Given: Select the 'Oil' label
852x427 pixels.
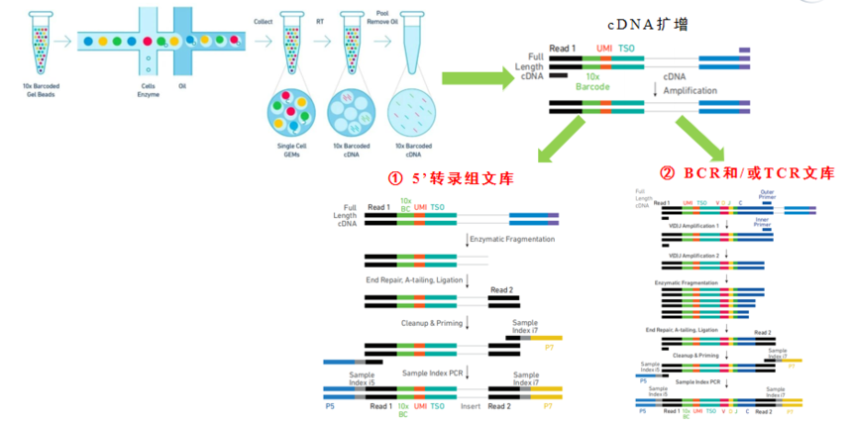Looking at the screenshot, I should point(182,86).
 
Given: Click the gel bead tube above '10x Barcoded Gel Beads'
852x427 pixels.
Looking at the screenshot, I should point(36,42).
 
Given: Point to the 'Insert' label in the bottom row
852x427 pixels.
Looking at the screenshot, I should point(470,406).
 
